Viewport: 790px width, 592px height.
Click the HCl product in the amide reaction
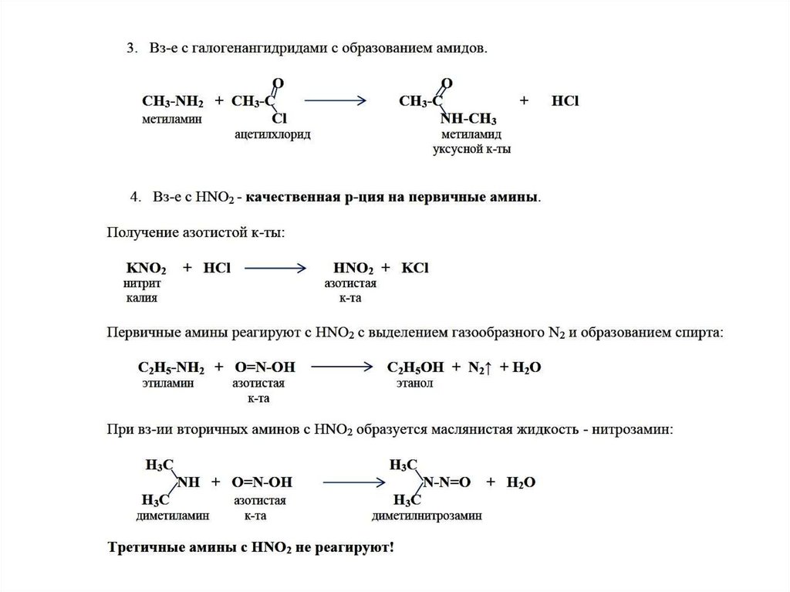565,102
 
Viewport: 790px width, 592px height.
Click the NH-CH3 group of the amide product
468,120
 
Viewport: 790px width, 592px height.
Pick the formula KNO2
145,269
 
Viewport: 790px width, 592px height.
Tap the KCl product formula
414,269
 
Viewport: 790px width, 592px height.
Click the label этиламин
167,382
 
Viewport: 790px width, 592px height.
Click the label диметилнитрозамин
427,515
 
